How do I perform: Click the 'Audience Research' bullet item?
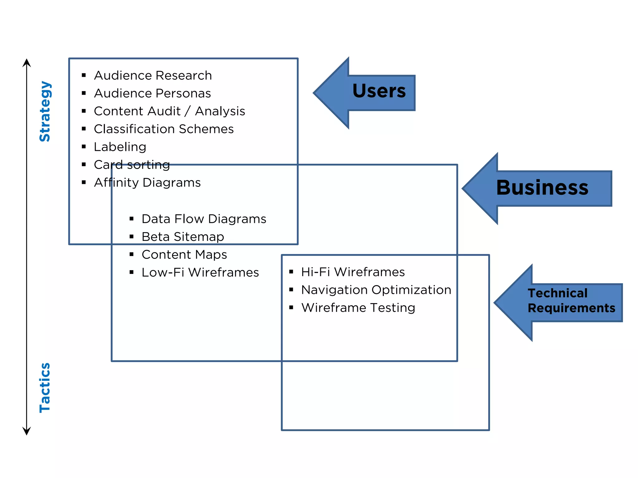[153, 76]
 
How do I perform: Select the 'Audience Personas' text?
[152, 93]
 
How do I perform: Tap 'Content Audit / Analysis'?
[169, 111]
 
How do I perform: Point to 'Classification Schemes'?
[164, 129]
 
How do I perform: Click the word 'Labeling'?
[120, 147]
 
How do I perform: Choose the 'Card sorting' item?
[132, 165]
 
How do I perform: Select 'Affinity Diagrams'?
[147, 183]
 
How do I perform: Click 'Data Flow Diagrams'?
[204, 219]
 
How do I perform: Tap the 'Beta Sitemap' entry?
[183, 237]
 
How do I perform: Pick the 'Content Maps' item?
[184, 255]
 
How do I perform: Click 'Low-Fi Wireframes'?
[200, 273]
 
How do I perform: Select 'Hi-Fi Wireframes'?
[353, 272]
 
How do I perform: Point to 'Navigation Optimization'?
[376, 290]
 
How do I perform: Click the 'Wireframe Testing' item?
[358, 308]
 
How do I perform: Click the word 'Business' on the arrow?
[542, 188]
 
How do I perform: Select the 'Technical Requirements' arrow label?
[571, 301]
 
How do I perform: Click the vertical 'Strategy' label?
[45, 111]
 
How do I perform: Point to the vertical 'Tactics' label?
[45, 388]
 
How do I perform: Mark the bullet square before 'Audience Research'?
[83, 75]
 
